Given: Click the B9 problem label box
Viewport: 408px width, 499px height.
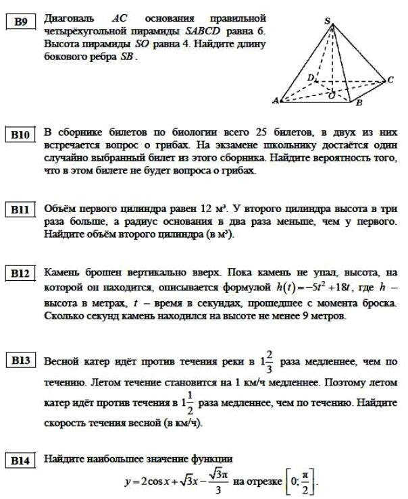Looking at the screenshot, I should [21, 22].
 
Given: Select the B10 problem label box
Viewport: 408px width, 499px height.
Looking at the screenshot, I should [21, 134].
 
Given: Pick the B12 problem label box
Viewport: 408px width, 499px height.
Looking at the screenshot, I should [21, 274].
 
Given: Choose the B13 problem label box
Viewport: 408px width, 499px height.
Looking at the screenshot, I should [21, 361].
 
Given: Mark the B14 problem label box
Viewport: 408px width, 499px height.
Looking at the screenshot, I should [21, 461].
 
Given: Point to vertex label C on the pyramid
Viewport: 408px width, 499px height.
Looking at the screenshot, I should [390, 80].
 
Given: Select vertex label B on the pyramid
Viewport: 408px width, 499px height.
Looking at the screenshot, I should [359, 103].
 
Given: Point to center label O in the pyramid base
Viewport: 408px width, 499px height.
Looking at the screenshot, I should [331, 95].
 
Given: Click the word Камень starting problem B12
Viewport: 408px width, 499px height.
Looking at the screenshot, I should [61, 273].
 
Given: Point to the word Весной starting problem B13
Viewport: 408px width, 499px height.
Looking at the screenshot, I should [61, 361].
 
